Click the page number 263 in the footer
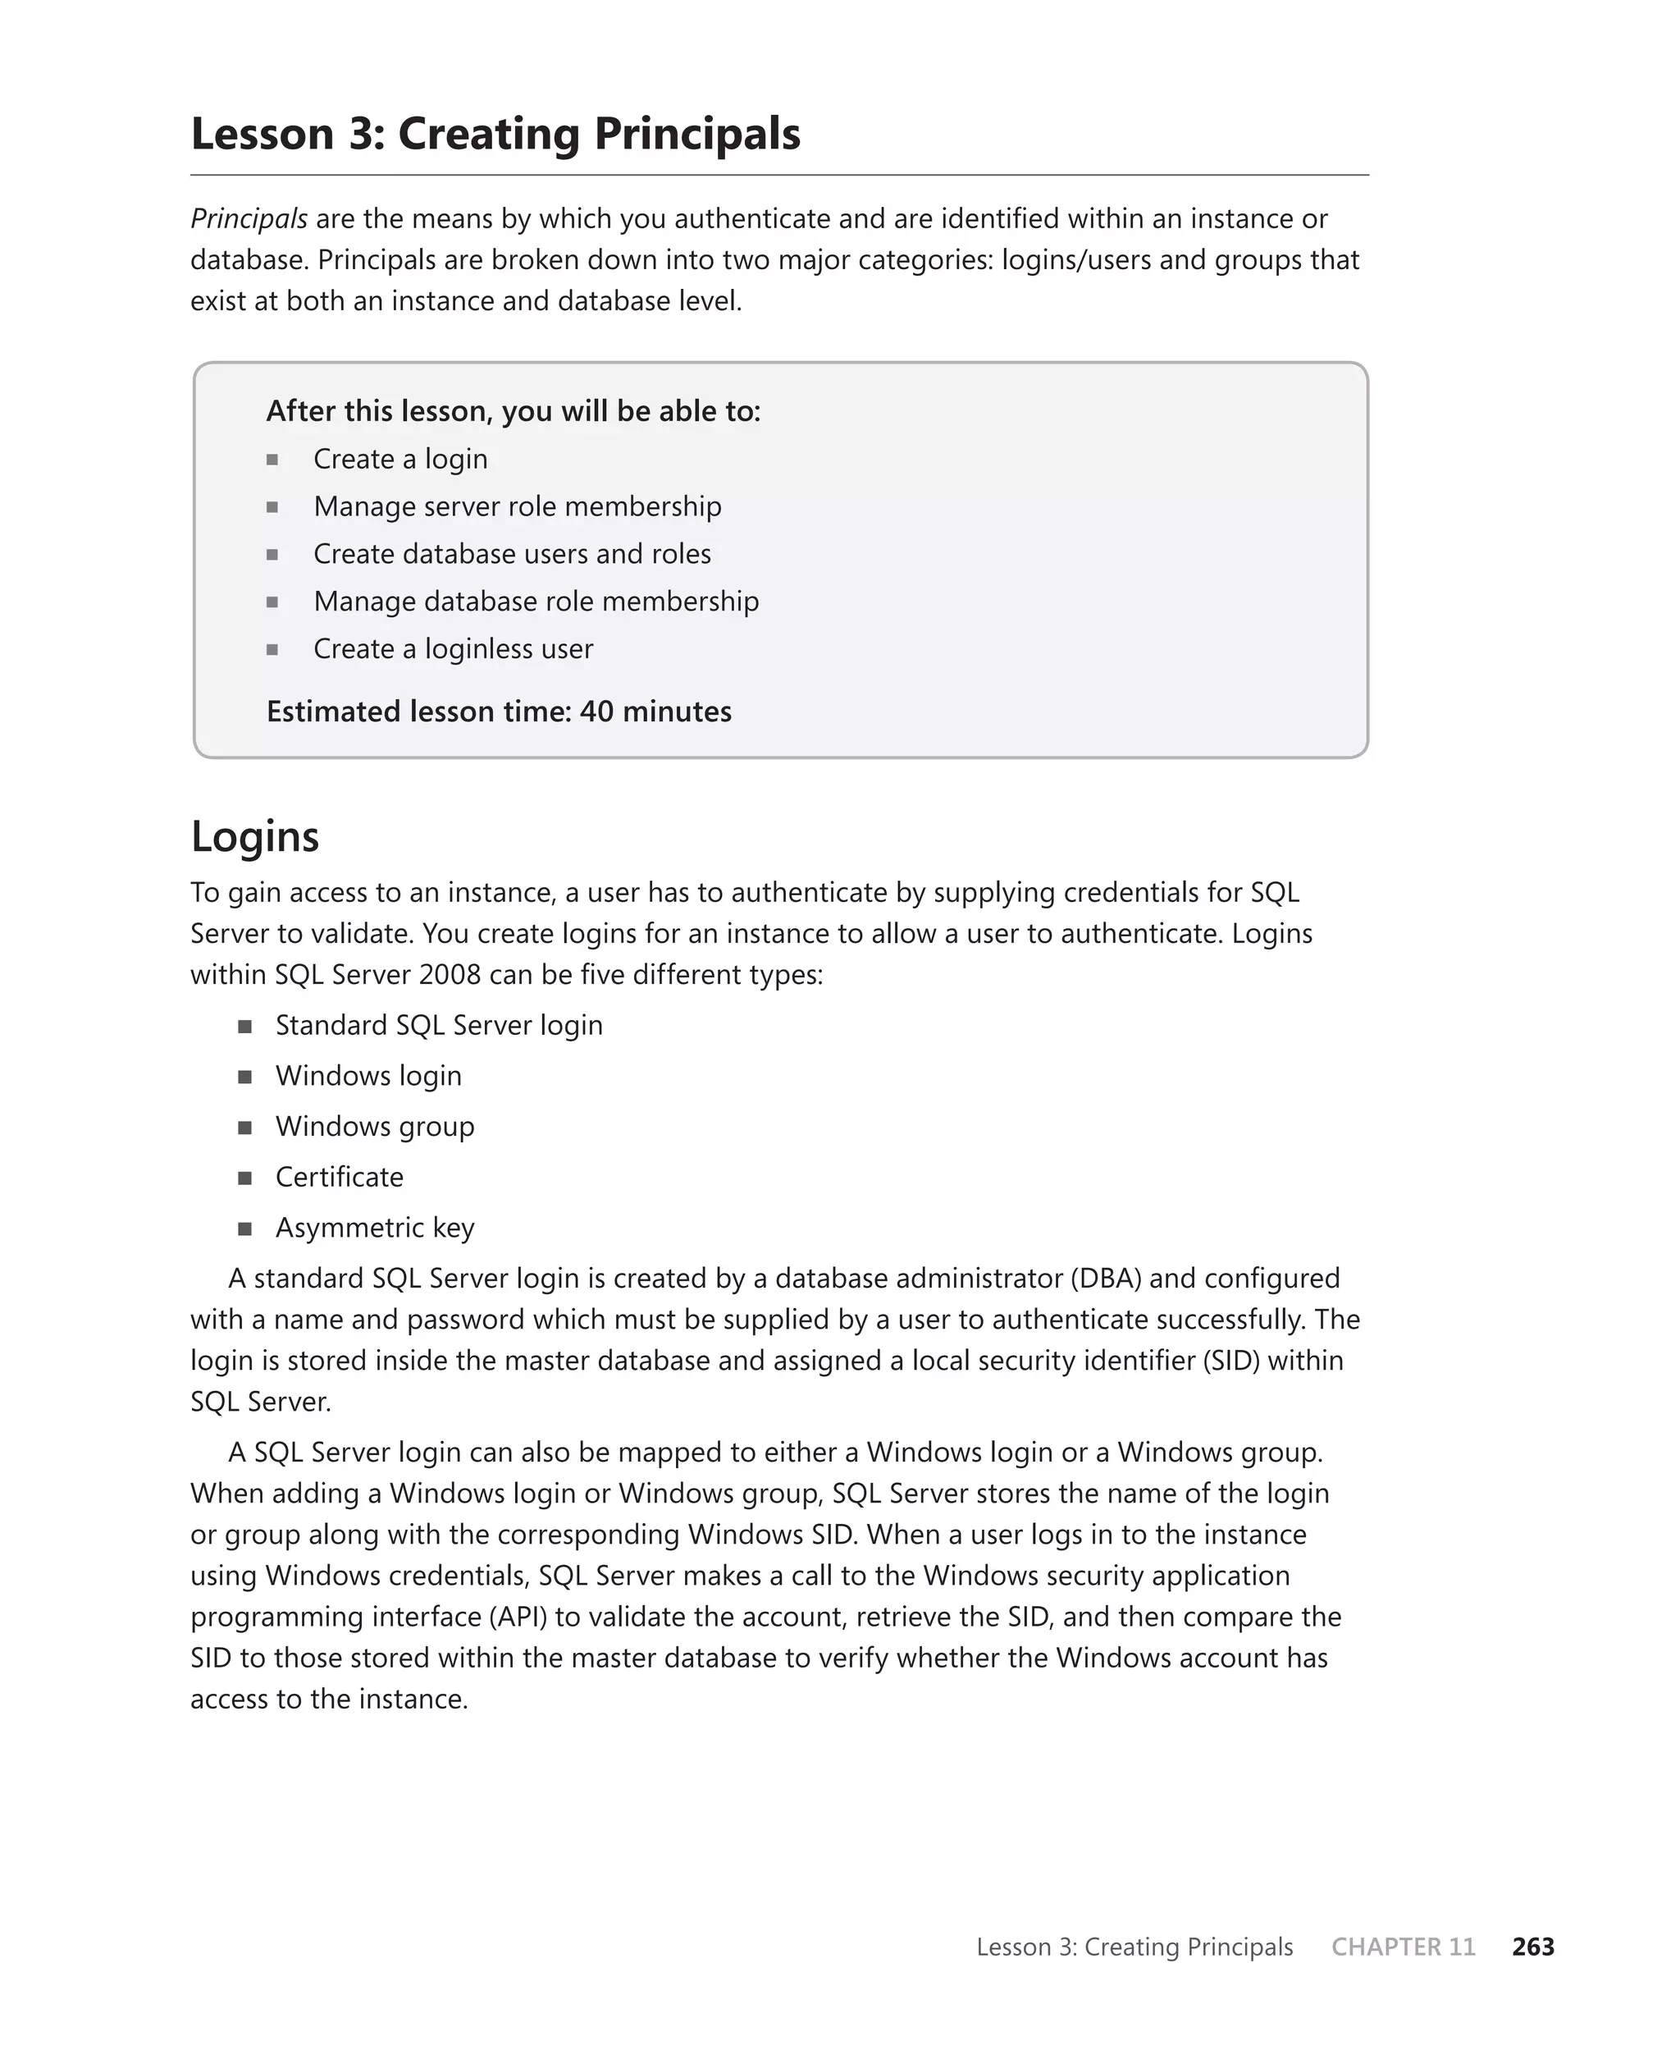click(1533, 1947)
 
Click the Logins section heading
click(254, 836)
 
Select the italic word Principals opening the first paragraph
click(249, 219)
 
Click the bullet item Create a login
click(399, 459)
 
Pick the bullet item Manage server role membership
click(517, 506)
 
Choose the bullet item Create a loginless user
click(453, 648)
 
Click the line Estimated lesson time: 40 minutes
click(499, 712)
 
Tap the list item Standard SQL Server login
click(438, 1025)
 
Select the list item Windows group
click(375, 1127)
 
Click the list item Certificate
click(339, 1177)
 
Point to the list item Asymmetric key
click(375, 1227)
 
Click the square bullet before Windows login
click(244, 1078)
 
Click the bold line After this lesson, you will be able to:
click(513, 411)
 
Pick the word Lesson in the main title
click(262, 134)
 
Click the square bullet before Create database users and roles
click(273, 555)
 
